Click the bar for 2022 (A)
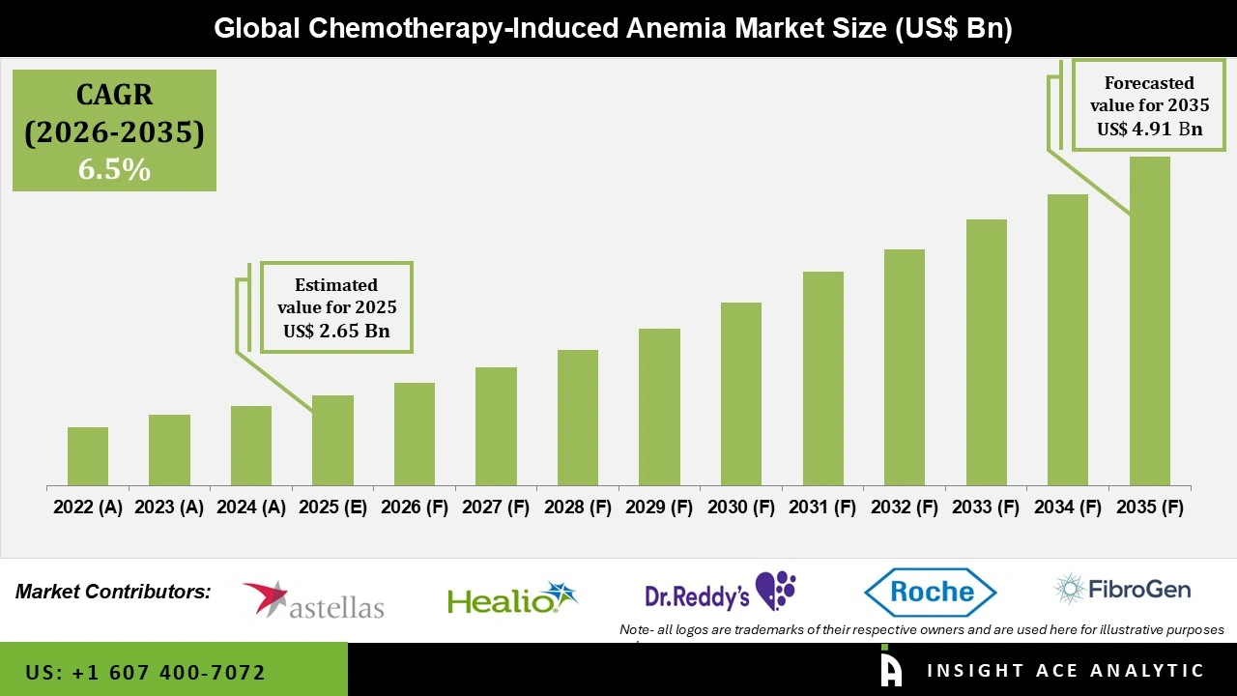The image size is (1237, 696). [x=88, y=456]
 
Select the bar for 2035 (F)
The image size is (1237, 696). [x=1149, y=321]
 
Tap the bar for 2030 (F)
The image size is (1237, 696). [x=741, y=393]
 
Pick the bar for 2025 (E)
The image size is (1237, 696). [x=332, y=440]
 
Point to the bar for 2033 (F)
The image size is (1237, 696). [x=986, y=352]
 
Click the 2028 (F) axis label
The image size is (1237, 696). [x=578, y=507]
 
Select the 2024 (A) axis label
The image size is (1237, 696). [x=250, y=507]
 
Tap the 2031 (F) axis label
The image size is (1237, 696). [x=822, y=507]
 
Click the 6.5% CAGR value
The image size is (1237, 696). [x=114, y=170]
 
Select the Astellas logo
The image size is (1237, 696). [x=313, y=599]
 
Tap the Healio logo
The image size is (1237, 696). [x=512, y=599]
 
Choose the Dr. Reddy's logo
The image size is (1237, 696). [x=721, y=592]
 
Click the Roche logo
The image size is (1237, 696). [x=930, y=592]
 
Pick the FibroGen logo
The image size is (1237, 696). [x=1122, y=589]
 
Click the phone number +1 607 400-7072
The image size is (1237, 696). [x=146, y=672]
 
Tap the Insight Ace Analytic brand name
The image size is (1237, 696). [x=1065, y=671]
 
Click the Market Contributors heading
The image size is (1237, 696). [x=113, y=592]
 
